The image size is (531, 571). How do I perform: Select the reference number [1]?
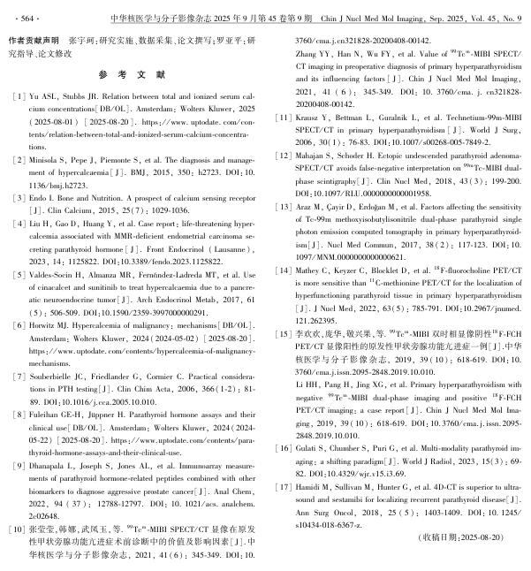16,95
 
